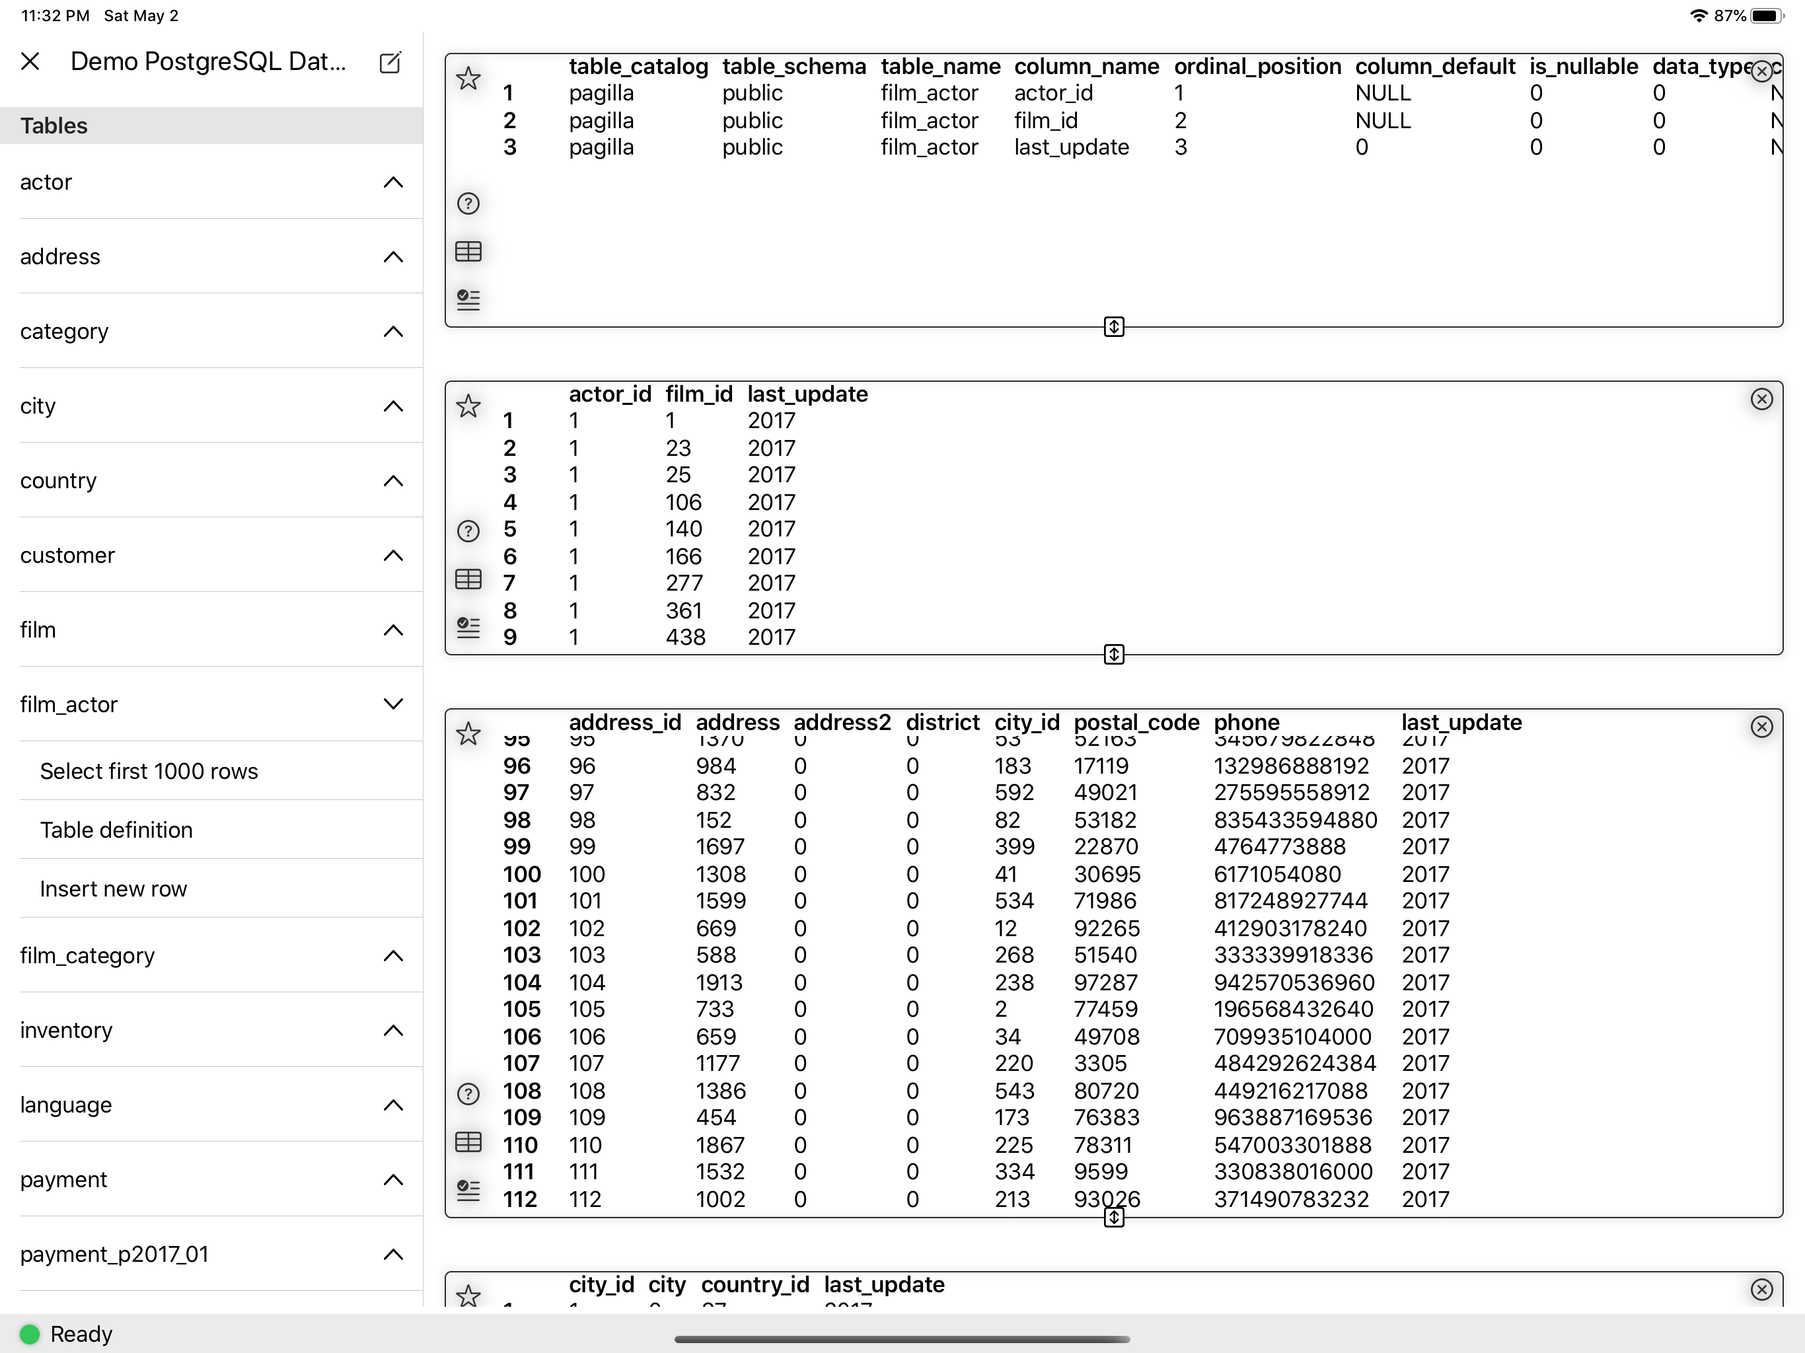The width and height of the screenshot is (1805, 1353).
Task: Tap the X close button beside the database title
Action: click(x=30, y=61)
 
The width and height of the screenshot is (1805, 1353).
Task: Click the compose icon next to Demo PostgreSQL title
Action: click(x=390, y=62)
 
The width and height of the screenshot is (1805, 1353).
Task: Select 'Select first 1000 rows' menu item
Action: click(x=149, y=771)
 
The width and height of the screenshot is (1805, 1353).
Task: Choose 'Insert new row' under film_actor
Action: click(x=114, y=889)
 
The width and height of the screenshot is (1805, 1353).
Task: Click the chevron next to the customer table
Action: click(x=393, y=556)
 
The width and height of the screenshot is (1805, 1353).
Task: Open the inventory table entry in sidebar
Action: click(x=66, y=1030)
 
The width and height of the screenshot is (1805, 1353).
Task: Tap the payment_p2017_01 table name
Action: click(x=114, y=1255)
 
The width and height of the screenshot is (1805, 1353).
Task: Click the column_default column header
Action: click(x=1434, y=66)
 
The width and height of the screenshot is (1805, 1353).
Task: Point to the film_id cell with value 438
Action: click(x=685, y=638)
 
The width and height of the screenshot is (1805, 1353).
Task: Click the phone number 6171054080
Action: click(x=1277, y=874)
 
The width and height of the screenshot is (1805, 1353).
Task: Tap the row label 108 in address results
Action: click(x=521, y=1091)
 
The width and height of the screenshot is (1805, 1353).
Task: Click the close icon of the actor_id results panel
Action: click(x=1762, y=399)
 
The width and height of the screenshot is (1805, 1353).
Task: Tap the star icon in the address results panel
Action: click(x=468, y=733)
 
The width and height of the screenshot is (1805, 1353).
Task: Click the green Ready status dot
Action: click(x=29, y=1335)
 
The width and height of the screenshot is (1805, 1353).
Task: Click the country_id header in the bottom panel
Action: click(x=755, y=1284)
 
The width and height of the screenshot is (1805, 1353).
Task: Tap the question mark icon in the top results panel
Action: click(x=468, y=203)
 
